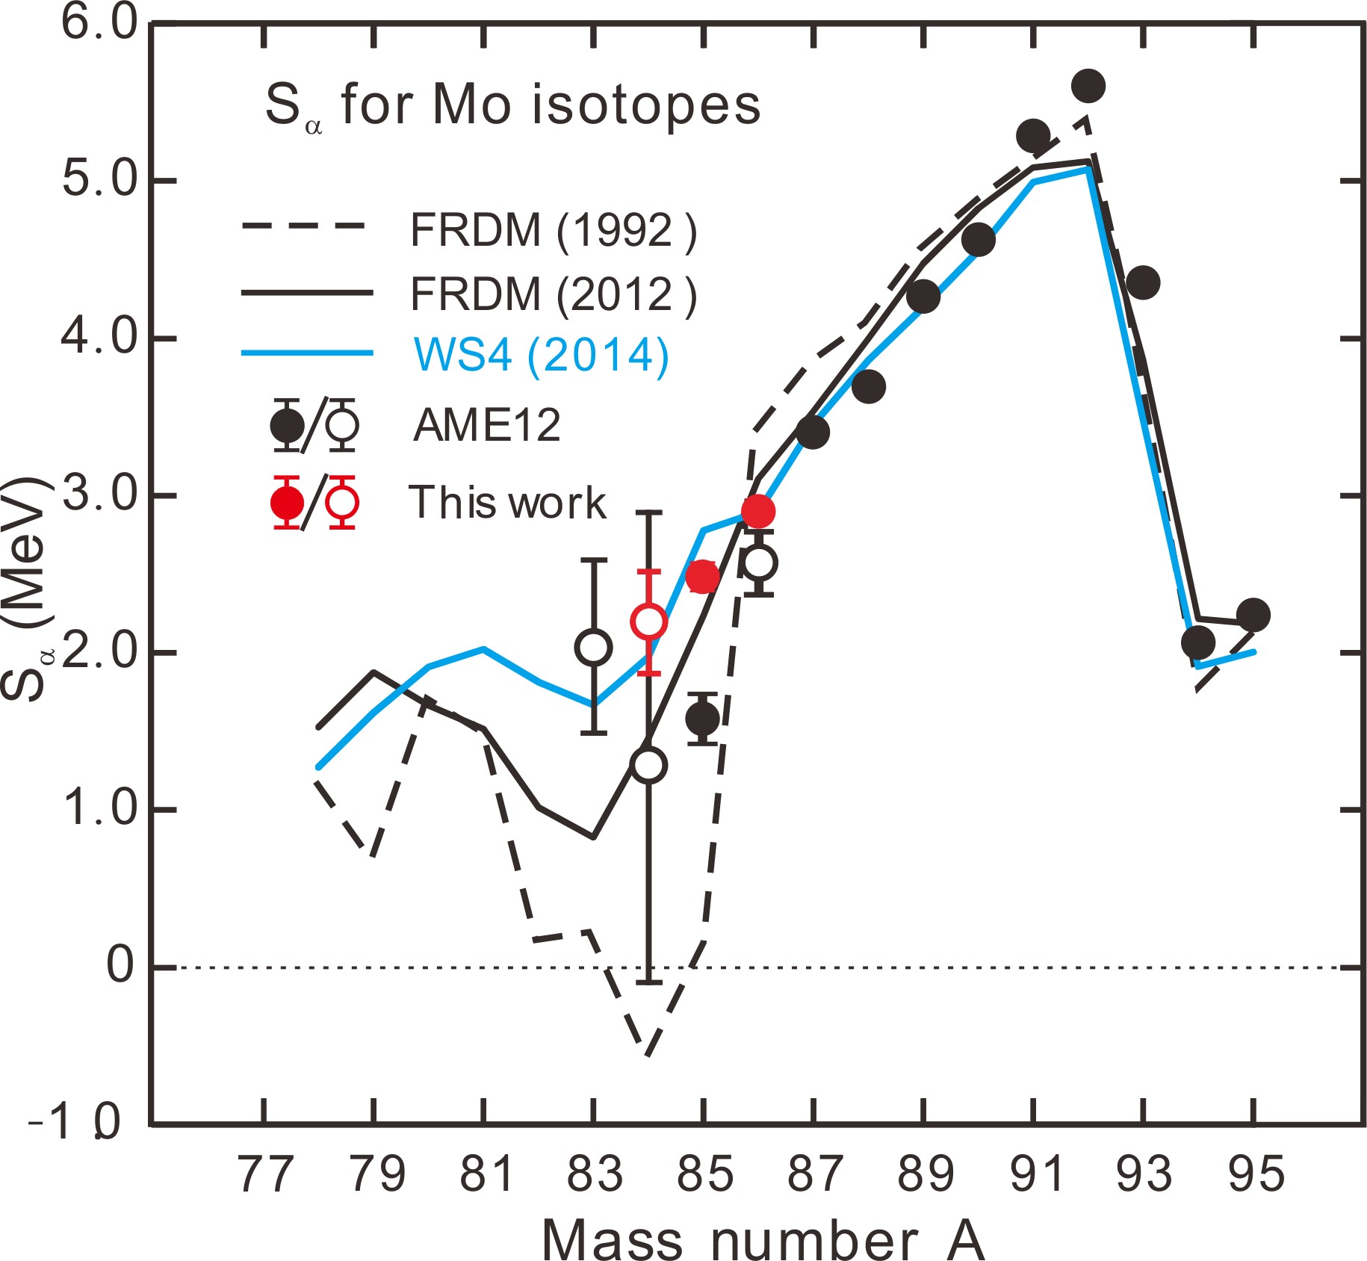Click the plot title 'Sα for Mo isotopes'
(x=512, y=106)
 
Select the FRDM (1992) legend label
(x=553, y=231)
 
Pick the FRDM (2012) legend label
(x=553, y=294)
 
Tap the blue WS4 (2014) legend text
(x=541, y=355)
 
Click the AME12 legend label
(x=487, y=426)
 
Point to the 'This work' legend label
(x=507, y=503)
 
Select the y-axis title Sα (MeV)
(x=25, y=590)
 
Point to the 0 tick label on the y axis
(x=120, y=966)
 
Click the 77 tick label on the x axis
(x=264, y=1174)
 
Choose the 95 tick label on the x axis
(x=1256, y=1174)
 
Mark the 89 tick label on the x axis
(x=926, y=1174)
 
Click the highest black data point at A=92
(x=1088, y=86)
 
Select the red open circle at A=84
(x=648, y=621)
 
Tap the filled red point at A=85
(x=702, y=576)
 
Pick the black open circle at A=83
(x=594, y=647)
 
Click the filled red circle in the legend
(x=287, y=503)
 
